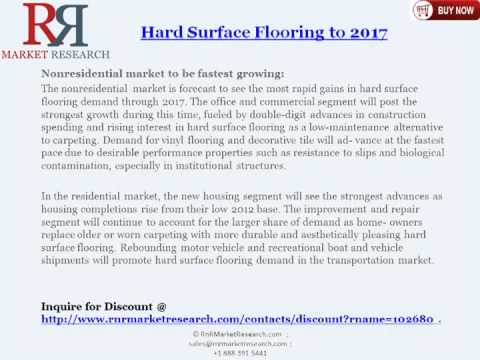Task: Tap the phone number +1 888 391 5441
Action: (240, 353)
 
